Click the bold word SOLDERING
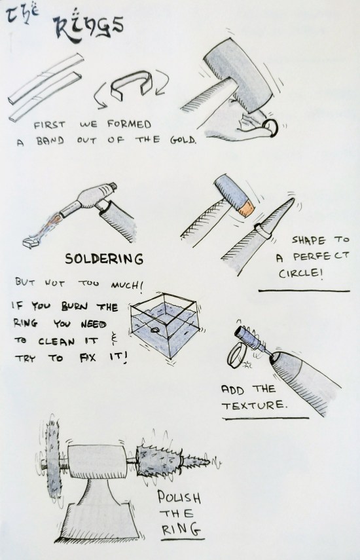104,259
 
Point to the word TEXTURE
255,405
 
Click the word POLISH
179,497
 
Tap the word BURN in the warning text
75,307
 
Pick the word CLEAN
56,341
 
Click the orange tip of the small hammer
247,209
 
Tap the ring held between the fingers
270,128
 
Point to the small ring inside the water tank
155,330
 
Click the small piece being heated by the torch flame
32,242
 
